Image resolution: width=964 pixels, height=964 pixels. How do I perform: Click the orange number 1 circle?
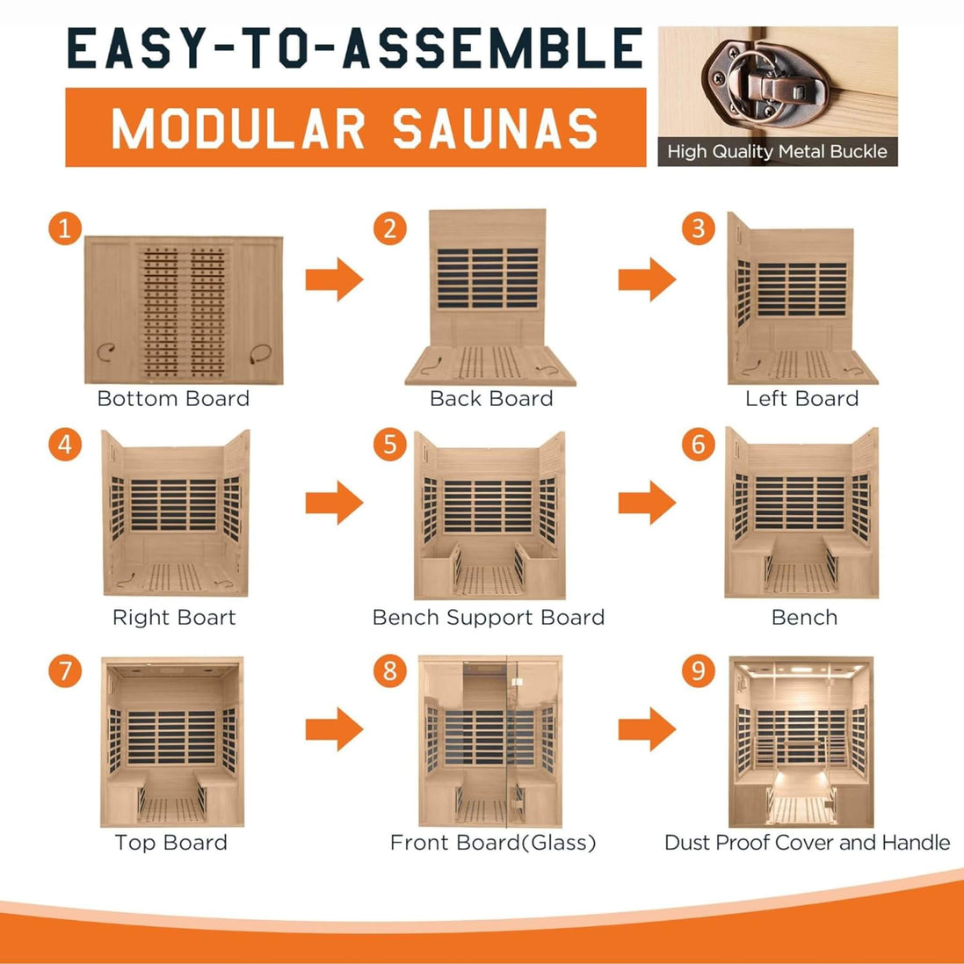(x=65, y=228)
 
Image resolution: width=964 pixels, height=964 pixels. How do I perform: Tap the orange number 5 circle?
(x=390, y=445)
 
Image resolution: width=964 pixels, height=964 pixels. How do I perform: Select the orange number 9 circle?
(x=699, y=670)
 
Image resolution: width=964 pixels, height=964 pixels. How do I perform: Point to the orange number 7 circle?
(x=65, y=670)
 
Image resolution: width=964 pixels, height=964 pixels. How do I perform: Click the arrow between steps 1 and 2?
(x=335, y=279)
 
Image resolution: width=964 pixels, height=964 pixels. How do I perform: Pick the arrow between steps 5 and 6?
(x=647, y=503)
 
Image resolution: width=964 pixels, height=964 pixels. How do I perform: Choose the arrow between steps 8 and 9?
(x=647, y=729)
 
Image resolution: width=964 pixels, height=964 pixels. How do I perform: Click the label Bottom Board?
(x=173, y=398)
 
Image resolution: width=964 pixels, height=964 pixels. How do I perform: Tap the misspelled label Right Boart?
(x=174, y=617)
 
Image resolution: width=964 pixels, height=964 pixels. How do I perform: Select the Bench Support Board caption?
(x=489, y=617)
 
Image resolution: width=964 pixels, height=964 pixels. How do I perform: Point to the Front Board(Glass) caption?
(x=493, y=842)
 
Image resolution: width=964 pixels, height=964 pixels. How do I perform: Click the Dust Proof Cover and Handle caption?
(x=808, y=842)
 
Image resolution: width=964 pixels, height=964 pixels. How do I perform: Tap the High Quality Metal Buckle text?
(x=778, y=152)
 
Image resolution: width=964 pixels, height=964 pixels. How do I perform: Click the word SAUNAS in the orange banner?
(x=495, y=128)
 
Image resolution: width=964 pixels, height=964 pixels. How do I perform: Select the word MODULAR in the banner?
(x=238, y=128)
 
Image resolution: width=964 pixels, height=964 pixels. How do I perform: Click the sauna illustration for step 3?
(x=801, y=299)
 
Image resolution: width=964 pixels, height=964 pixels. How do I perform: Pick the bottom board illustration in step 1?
(x=184, y=310)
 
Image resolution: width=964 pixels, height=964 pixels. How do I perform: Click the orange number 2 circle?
(x=390, y=228)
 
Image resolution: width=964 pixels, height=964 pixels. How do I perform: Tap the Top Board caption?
(x=170, y=842)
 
